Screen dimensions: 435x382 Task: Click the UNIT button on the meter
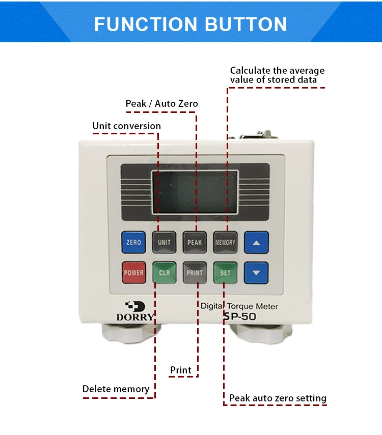point(164,242)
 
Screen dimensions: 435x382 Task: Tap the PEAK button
point(195,242)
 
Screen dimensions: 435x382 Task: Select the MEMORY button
point(225,242)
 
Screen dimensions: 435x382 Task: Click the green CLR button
point(164,272)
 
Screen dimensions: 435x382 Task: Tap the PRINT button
point(195,272)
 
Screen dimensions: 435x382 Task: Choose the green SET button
point(225,272)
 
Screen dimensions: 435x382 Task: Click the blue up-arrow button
point(256,242)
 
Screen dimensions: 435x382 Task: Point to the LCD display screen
point(195,192)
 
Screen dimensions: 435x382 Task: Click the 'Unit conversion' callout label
point(126,126)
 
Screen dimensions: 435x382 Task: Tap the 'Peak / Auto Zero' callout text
point(161,104)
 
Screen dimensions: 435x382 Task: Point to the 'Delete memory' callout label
point(116,389)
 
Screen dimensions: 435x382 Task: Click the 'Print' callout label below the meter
point(181,370)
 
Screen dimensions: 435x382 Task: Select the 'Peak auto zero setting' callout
point(278,398)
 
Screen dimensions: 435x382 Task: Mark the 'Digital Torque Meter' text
point(239,306)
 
